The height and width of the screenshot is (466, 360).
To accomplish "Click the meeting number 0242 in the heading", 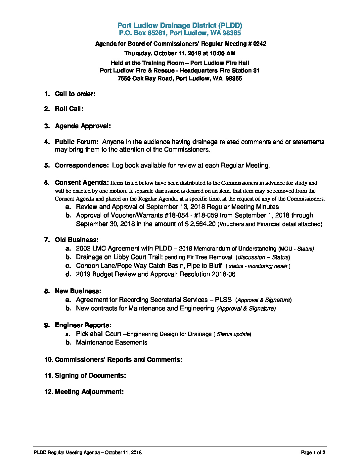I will coord(259,44).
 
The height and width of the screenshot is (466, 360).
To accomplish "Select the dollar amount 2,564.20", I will coord(203,224).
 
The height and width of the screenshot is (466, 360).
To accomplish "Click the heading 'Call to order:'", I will coord(75,94).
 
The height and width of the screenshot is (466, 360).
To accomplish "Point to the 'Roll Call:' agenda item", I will coord(69,109).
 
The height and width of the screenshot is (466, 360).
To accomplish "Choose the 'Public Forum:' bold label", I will coord(77,142).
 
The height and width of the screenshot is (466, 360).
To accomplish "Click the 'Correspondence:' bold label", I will coord(82,165).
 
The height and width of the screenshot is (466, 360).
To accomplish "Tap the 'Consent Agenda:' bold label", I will coord(82,183).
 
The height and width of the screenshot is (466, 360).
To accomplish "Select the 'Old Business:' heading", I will coord(77,240).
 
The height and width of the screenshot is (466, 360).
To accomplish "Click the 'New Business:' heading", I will coord(78,291).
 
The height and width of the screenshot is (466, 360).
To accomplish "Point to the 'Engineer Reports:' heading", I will coord(83,325).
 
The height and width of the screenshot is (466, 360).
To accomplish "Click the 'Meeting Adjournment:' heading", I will coord(89,392).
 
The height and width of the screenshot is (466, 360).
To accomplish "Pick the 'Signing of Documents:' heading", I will coord(90,376).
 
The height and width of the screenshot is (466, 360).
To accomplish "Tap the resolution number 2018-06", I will coord(224,274).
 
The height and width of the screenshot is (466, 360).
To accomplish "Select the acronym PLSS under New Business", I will coord(223,300).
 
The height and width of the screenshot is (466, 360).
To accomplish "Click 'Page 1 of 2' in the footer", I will coord(313,453).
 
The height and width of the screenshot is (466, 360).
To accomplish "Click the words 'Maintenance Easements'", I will coord(112,343).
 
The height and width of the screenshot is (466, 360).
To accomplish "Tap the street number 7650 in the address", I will coord(124,79).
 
